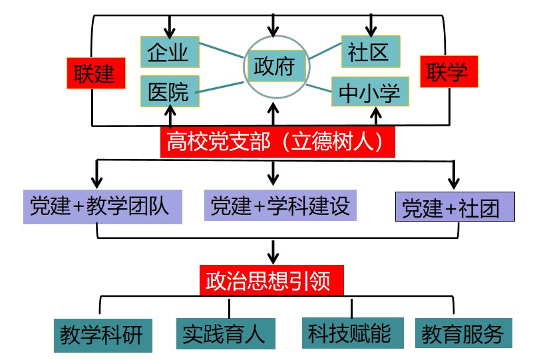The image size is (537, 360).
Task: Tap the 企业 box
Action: [170, 53]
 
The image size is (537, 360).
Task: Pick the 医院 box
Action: [170, 91]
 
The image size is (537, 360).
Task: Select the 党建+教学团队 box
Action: [102, 206]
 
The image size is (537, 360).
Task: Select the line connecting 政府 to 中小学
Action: [319, 89]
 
